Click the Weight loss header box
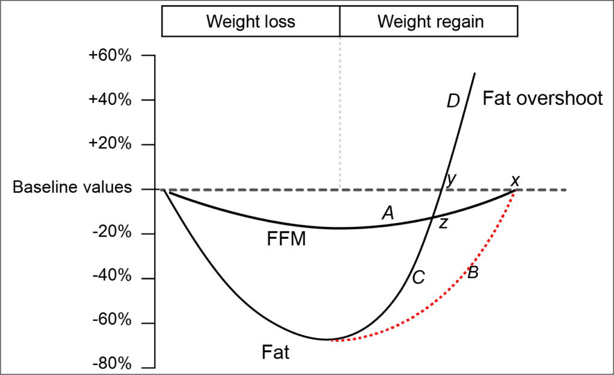(251, 22)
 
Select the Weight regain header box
(429, 22)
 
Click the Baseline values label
(72, 187)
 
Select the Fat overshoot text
(543, 98)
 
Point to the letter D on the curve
(453, 101)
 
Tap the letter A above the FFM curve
(388, 212)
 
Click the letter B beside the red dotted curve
(472, 273)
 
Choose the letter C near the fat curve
(419, 277)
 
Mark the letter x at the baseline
(514, 181)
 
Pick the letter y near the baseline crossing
(451, 179)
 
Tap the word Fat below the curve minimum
(276, 352)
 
